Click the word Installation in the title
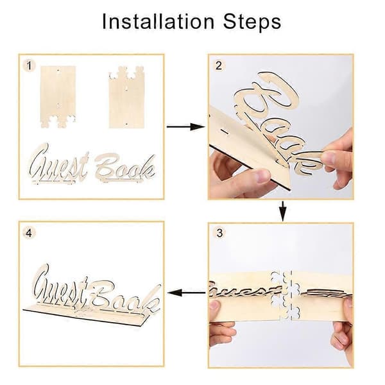click(158, 22)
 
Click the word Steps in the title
click(252, 22)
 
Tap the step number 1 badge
click(30, 65)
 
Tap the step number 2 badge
click(219, 65)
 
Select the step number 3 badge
click(219, 233)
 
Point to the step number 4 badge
click(29, 233)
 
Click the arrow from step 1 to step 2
click(185, 126)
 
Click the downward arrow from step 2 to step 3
click(283, 211)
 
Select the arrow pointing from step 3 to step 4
click(187, 293)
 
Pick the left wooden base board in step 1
click(58, 96)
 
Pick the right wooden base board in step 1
click(126, 97)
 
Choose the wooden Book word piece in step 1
click(125, 167)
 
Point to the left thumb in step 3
click(216, 305)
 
